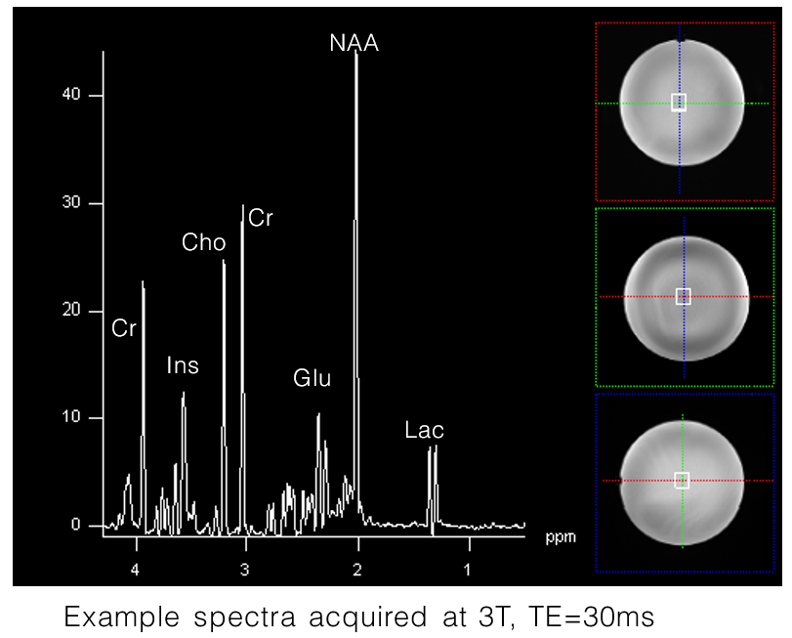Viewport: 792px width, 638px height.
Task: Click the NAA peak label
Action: tap(354, 43)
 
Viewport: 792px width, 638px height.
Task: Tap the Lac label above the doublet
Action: tap(425, 430)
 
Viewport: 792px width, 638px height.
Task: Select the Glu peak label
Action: tap(313, 378)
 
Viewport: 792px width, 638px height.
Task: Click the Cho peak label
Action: tap(204, 242)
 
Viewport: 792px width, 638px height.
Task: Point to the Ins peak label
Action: tap(183, 365)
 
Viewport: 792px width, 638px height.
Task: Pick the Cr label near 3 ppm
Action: tap(261, 218)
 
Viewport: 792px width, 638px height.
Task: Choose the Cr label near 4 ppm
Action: tap(124, 328)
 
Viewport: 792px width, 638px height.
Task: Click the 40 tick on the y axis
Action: tap(68, 96)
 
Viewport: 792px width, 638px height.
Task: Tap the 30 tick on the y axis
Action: tap(68, 203)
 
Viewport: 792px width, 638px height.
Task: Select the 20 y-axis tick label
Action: tap(68, 311)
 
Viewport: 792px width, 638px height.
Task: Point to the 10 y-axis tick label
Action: tap(68, 418)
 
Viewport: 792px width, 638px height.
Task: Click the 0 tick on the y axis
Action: tap(72, 526)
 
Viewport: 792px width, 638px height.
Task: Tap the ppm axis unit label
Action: tap(560, 537)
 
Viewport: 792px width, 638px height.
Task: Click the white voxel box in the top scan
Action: tap(680, 103)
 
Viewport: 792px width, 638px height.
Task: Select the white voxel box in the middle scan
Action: tap(684, 296)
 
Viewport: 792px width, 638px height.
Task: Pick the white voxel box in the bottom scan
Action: tap(682, 480)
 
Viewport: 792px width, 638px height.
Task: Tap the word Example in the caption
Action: tap(121, 617)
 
